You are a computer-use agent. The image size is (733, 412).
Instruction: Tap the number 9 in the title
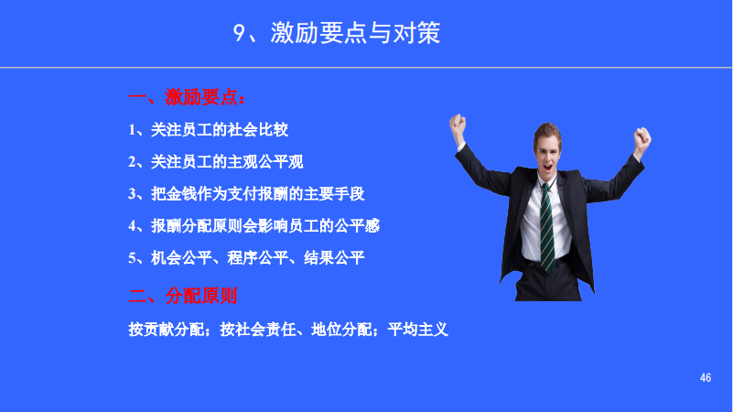coord(240,34)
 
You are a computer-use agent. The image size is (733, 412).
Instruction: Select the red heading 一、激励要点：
coord(187,96)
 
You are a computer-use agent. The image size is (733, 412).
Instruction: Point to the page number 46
coord(706,378)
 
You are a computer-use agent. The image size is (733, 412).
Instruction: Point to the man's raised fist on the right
coord(643,138)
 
